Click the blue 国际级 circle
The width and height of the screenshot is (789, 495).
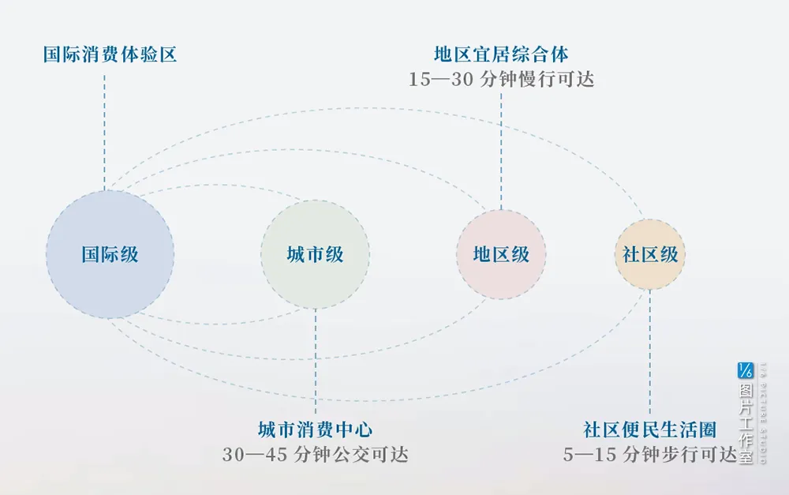pyautogui.click(x=110, y=254)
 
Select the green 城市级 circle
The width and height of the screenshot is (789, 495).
pyautogui.click(x=315, y=254)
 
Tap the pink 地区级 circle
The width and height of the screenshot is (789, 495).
pyautogui.click(x=501, y=254)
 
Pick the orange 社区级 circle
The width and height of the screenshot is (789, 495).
pyautogui.click(x=650, y=254)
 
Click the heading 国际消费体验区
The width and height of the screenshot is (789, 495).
pyautogui.click(x=110, y=55)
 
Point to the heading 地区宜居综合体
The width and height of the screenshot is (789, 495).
pyautogui.click(x=501, y=55)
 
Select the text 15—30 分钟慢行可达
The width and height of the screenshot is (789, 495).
pyautogui.click(x=501, y=80)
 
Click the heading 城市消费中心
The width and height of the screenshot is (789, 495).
pyautogui.click(x=315, y=430)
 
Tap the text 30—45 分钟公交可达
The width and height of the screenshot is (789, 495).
pyautogui.click(x=315, y=455)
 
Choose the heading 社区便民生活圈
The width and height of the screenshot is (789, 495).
pyautogui.click(x=650, y=430)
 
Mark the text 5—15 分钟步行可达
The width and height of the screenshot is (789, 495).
pyautogui.click(x=650, y=455)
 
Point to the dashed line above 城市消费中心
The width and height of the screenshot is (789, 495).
pyautogui.click(x=316, y=363)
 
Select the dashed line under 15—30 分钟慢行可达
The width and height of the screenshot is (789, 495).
pyautogui.click(x=501, y=150)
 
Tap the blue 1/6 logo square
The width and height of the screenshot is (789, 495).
pyautogui.click(x=745, y=370)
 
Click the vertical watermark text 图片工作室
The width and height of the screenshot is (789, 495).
pyautogui.click(x=746, y=422)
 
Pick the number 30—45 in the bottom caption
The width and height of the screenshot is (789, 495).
pyautogui.click(x=246, y=455)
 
